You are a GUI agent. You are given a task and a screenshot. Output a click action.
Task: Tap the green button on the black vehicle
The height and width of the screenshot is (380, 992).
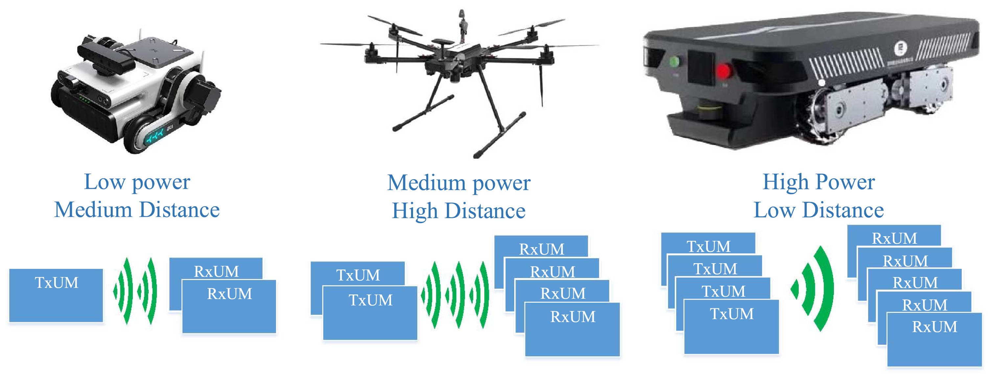coord(674,62)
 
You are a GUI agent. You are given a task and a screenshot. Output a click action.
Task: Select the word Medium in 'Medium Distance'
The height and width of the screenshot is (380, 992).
coord(93,210)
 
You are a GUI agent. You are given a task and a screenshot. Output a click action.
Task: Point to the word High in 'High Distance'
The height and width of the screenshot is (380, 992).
coord(415,211)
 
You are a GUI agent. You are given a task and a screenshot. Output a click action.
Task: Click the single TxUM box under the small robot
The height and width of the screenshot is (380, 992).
coord(56,295)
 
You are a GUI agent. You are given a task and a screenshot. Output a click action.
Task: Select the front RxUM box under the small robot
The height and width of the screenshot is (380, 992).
coord(229,306)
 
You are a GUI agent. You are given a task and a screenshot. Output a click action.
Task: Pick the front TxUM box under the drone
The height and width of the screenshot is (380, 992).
coord(370,313)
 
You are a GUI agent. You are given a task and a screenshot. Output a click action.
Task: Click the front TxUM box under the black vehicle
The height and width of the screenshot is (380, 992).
coord(731,326)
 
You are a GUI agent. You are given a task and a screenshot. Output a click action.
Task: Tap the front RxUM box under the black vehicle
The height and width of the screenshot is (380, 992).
coord(934,339)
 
